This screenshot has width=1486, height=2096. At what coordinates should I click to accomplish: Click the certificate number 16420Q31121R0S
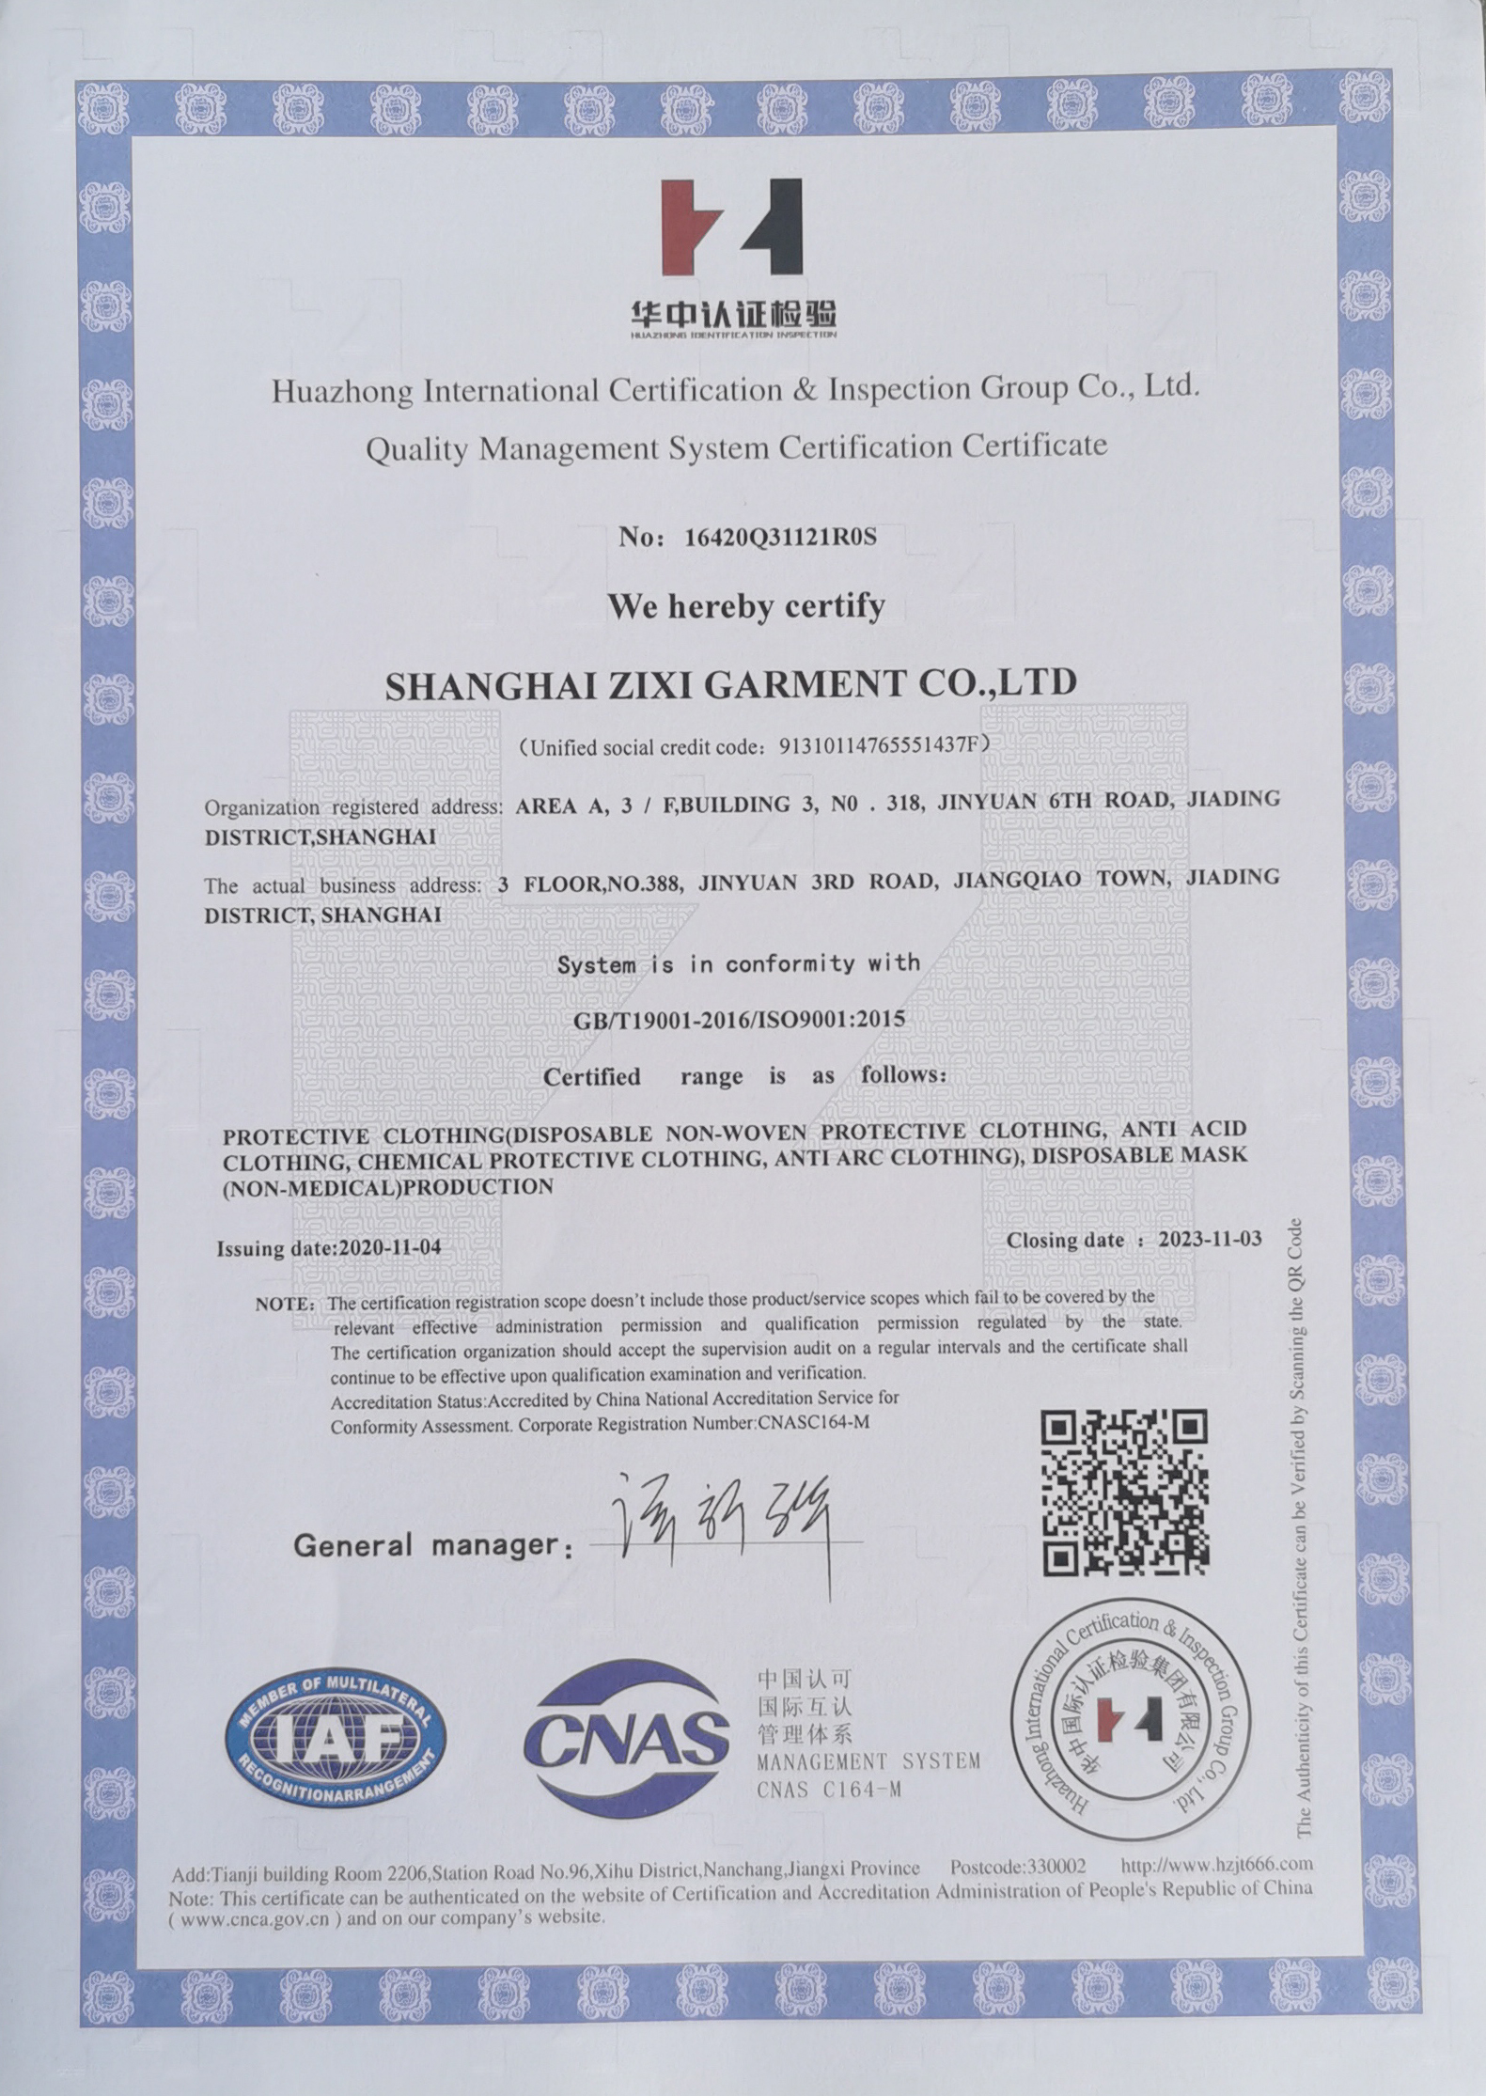[780, 537]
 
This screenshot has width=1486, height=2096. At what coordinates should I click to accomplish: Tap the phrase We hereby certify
[746, 606]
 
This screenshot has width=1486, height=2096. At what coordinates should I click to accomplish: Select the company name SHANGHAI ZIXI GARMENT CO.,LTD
[730, 684]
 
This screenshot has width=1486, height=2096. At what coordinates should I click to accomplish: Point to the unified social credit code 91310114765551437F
[883, 746]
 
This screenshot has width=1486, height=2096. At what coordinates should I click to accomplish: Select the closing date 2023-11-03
[1210, 1239]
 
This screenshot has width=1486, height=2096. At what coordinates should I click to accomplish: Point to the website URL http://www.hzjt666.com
[1216, 1864]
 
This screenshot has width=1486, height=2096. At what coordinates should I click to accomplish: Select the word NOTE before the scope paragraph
[284, 1306]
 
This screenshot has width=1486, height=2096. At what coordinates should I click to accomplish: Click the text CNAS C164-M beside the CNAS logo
[828, 1791]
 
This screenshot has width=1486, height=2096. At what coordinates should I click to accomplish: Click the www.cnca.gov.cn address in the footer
[254, 1919]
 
